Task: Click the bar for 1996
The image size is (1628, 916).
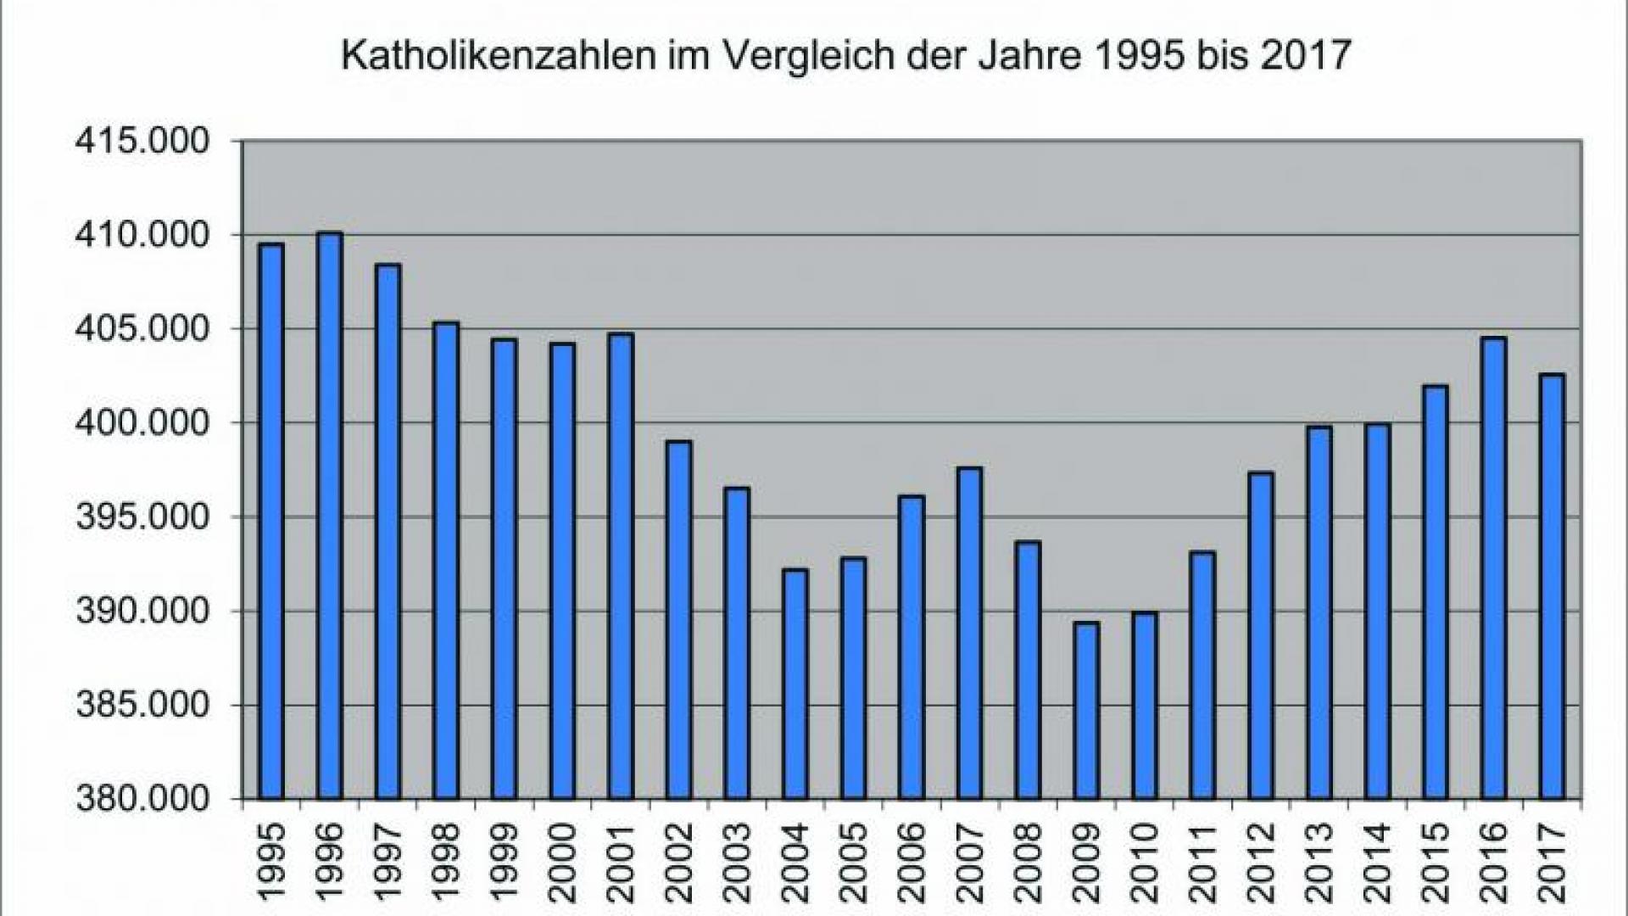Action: pos(330,517)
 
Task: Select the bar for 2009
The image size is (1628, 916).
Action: pos(1086,712)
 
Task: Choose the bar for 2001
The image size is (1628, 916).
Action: pos(621,568)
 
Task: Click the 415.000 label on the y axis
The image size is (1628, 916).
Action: pos(142,141)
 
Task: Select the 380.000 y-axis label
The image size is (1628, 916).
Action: pos(142,799)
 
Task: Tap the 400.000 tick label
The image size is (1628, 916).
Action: pos(142,422)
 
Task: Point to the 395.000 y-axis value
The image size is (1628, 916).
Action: pos(142,517)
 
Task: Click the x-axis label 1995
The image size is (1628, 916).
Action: pos(271,861)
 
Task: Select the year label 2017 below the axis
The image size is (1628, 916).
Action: pos(1552,861)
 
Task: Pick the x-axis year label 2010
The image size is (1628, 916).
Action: pos(1145,861)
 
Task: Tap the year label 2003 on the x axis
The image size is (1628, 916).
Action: pos(737,861)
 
